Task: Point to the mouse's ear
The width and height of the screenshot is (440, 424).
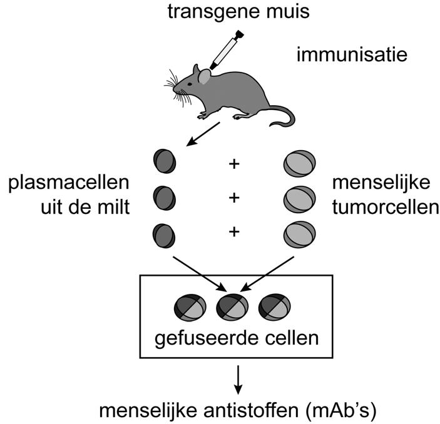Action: pyautogui.click(x=205, y=77)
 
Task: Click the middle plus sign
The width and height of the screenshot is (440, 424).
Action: pyautogui.click(x=235, y=198)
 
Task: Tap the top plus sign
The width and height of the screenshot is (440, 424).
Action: pyautogui.click(x=235, y=164)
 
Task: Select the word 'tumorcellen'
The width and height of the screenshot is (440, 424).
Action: pyautogui.click(x=382, y=207)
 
